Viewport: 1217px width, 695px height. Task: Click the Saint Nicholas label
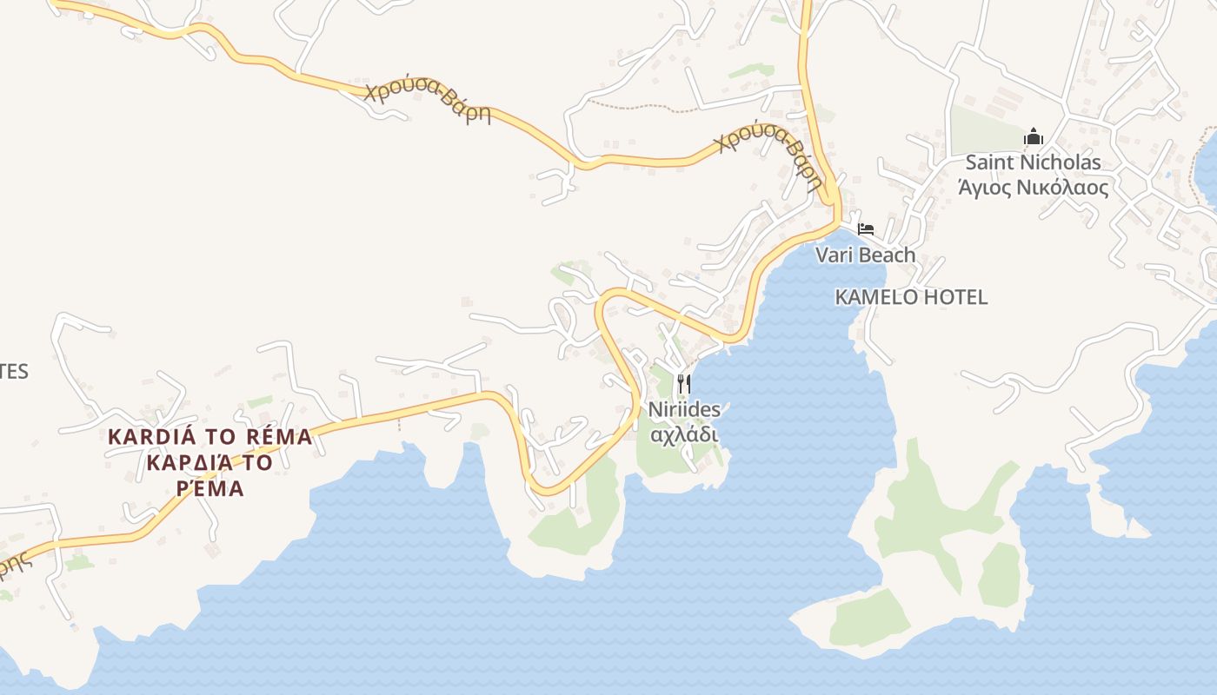[1033, 162]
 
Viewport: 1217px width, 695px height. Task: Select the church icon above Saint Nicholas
[1033, 136]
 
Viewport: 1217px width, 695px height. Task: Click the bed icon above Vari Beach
[865, 229]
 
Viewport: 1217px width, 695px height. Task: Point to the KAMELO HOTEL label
[911, 297]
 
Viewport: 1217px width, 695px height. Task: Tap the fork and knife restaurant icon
[684, 383]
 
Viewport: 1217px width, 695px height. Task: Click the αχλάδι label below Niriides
[684, 433]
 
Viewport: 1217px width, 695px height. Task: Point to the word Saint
[988, 162]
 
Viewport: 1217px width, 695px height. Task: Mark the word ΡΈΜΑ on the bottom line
[209, 489]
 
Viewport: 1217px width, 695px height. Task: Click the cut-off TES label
[13, 372]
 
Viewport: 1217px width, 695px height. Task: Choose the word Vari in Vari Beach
[833, 255]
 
